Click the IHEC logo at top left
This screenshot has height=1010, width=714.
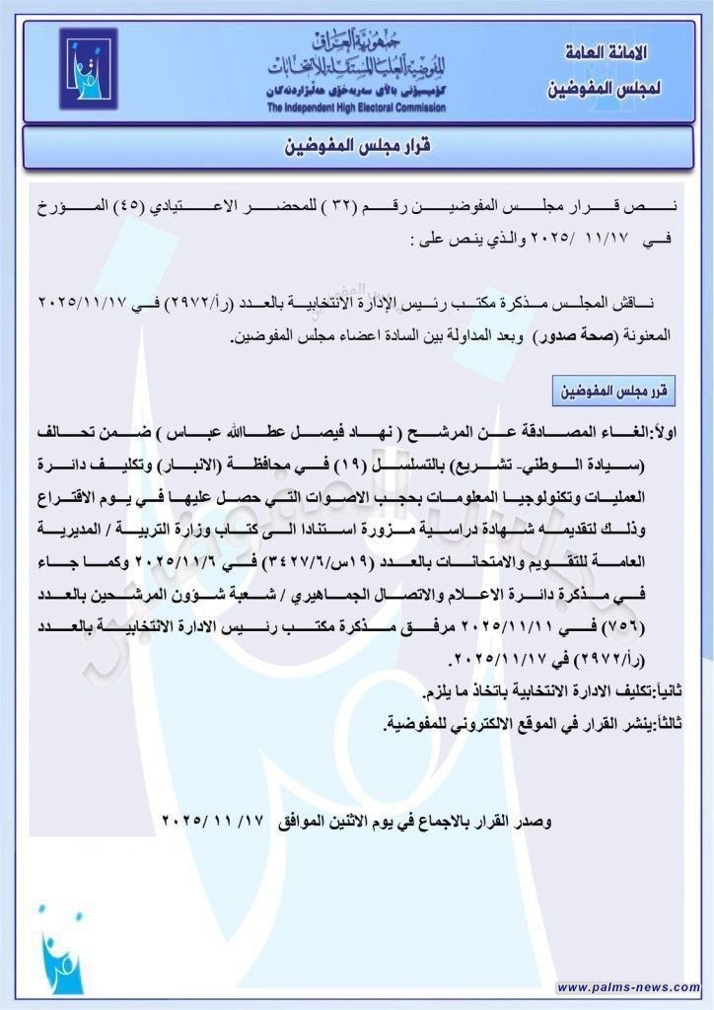[x=88, y=69]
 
